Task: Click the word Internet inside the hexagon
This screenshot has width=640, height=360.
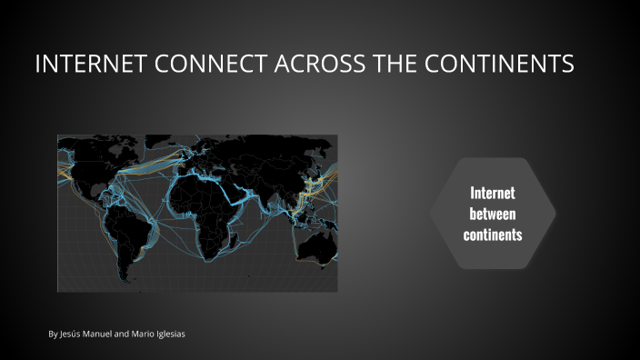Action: tap(492, 193)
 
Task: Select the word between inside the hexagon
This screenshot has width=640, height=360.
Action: tap(492, 214)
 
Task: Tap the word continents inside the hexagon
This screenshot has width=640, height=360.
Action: tap(492, 235)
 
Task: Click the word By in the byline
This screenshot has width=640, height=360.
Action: tap(53, 335)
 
